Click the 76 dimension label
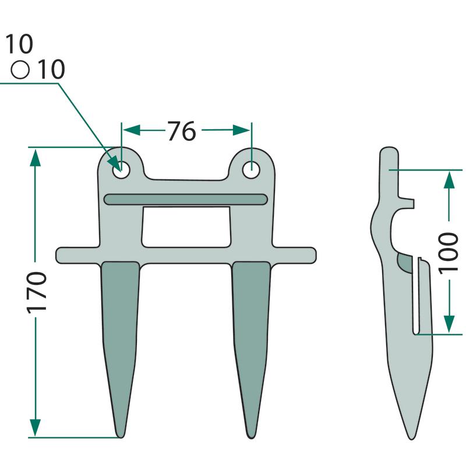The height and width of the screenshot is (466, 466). point(182,130)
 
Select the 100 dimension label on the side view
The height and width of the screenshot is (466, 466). point(449,253)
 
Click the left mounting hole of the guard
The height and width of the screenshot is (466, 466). point(121,170)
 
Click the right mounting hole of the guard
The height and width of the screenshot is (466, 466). point(252,170)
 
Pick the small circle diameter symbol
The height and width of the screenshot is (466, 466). point(20,70)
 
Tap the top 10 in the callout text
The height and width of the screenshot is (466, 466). point(19,44)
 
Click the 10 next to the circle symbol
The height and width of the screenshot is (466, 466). point(51,69)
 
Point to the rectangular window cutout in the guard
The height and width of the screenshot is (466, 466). point(186,227)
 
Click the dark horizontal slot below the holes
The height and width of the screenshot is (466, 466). point(185,199)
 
